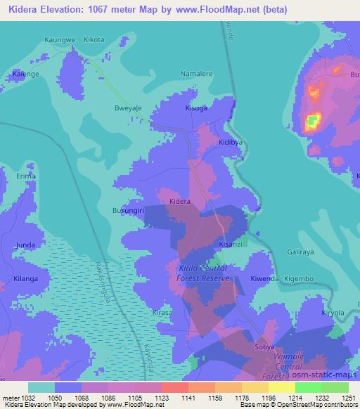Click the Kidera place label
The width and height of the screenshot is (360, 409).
(180, 202)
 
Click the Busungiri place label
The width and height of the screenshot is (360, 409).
(128, 210)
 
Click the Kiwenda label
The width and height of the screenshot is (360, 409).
(264, 279)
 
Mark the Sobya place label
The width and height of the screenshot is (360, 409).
(264, 347)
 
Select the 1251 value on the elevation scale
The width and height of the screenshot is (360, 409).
(348, 397)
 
